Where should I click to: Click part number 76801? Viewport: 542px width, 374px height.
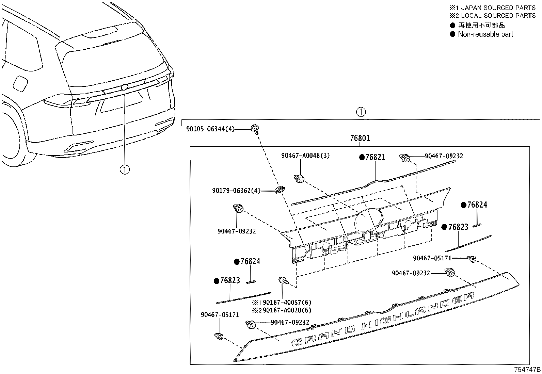coord(360,139)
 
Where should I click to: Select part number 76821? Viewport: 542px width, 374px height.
coord(375,157)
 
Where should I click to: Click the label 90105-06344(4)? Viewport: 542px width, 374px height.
coord(210,129)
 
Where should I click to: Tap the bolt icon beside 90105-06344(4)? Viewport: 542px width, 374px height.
coord(254,129)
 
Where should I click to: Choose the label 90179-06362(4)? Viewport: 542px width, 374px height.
coord(236,191)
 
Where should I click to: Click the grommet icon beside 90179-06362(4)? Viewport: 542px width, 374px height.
coord(280,190)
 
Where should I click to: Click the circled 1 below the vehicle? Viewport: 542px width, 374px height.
coord(125,169)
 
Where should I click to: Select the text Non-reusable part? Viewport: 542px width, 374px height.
coord(485,34)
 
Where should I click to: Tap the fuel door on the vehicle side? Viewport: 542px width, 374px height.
coord(20,84)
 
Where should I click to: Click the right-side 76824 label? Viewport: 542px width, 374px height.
coord(477,205)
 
